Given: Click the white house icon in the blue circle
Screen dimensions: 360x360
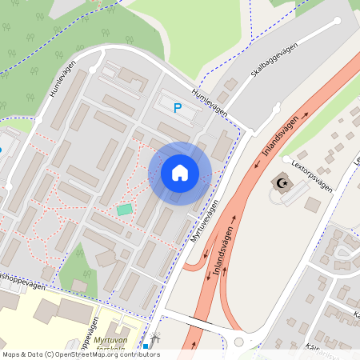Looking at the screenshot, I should [x=180, y=172].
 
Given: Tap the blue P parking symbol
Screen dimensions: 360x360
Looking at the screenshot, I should [x=178, y=107].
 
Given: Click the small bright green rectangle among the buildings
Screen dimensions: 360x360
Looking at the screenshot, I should [x=124, y=210].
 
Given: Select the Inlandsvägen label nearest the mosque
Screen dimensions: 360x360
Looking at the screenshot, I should [x=281, y=135].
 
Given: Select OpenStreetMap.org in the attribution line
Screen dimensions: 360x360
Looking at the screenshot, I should [x=85, y=354].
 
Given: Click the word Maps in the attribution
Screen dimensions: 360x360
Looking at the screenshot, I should [x=11, y=354].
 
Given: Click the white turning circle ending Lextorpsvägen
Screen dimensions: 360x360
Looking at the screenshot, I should [x=302, y=158].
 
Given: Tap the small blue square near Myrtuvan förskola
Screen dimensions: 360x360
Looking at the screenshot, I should [x=146, y=346].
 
